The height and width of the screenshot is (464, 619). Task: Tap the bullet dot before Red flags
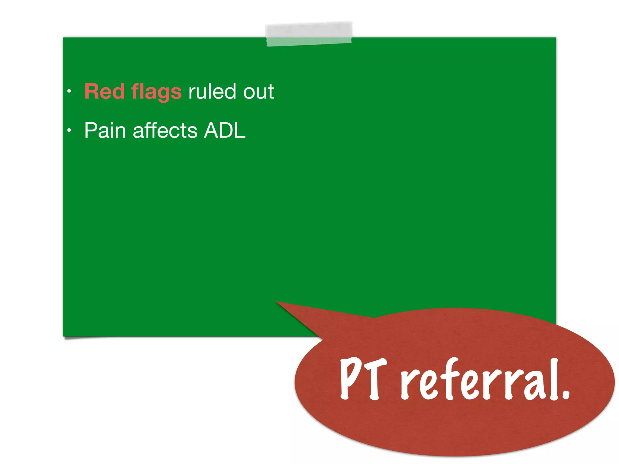(69, 91)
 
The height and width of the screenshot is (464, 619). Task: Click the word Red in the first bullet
(104, 91)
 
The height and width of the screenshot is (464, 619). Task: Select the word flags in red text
(157, 92)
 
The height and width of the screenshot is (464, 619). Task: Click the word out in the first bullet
(259, 92)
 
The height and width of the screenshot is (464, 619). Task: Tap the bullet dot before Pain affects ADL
(69, 130)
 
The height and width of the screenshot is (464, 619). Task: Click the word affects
(165, 130)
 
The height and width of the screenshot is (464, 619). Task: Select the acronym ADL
(225, 130)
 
